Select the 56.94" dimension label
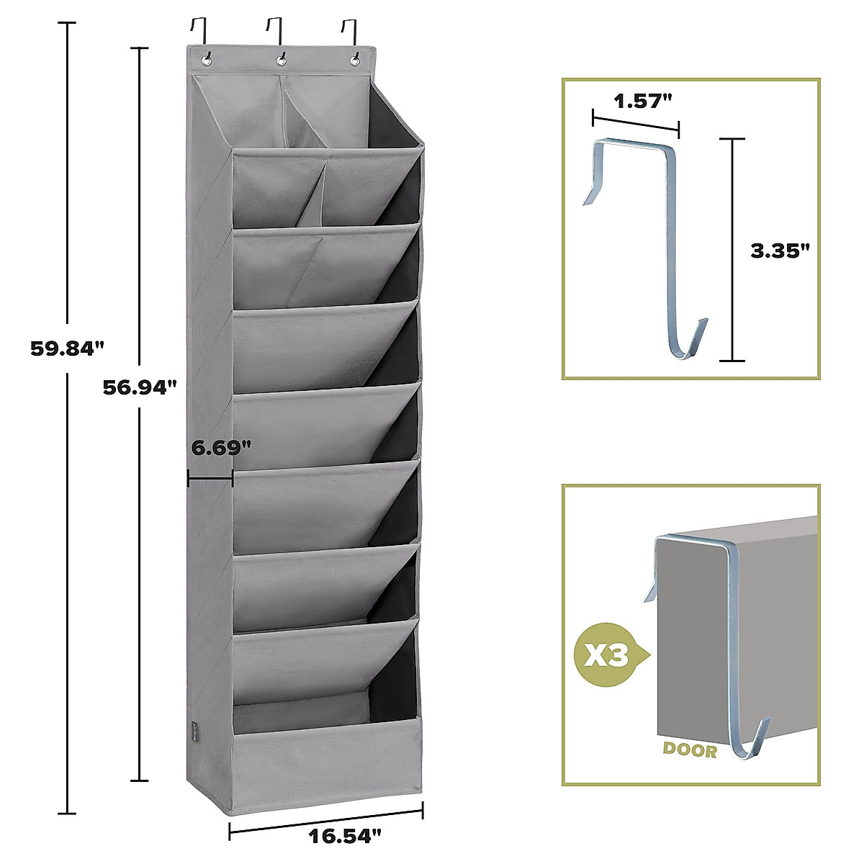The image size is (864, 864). (x=139, y=387)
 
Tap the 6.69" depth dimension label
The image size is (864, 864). (x=221, y=447)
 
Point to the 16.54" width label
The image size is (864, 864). (x=344, y=836)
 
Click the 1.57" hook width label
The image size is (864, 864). (x=636, y=101)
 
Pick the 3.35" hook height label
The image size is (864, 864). (x=780, y=251)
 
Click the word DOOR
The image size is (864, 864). (x=690, y=750)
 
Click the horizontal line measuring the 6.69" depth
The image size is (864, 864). (x=210, y=477)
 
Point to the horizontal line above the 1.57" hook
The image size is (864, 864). (x=635, y=122)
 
